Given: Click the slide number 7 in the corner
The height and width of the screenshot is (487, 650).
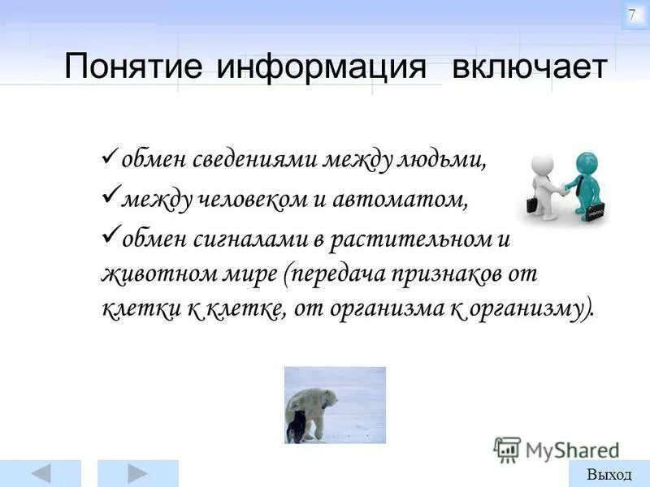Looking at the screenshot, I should (633, 15).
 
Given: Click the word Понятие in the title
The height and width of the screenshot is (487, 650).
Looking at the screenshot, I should (134, 67).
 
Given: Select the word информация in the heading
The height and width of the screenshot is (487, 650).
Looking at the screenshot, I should (321, 67).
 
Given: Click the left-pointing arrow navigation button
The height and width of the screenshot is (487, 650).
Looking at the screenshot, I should (45, 473).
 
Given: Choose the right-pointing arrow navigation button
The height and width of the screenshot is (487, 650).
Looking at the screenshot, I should (137, 473).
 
